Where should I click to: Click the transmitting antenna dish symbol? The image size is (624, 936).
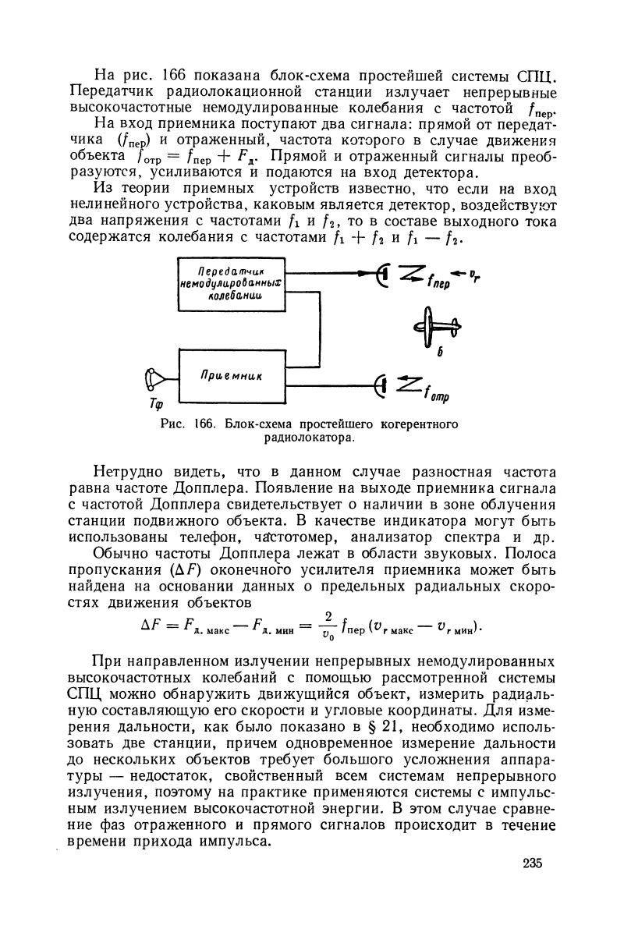[x=381, y=273]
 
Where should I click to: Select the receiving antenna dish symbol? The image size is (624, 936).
[x=381, y=384]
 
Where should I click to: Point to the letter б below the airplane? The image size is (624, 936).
[x=440, y=353]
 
